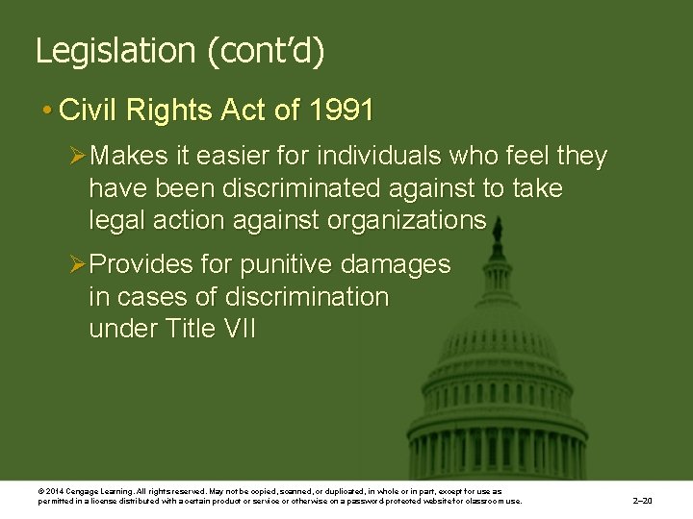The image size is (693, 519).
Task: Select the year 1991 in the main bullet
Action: pyautogui.click(x=342, y=111)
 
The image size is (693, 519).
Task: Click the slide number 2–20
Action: pyautogui.click(x=642, y=501)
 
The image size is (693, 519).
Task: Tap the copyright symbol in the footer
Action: pyautogui.click(x=40, y=491)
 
